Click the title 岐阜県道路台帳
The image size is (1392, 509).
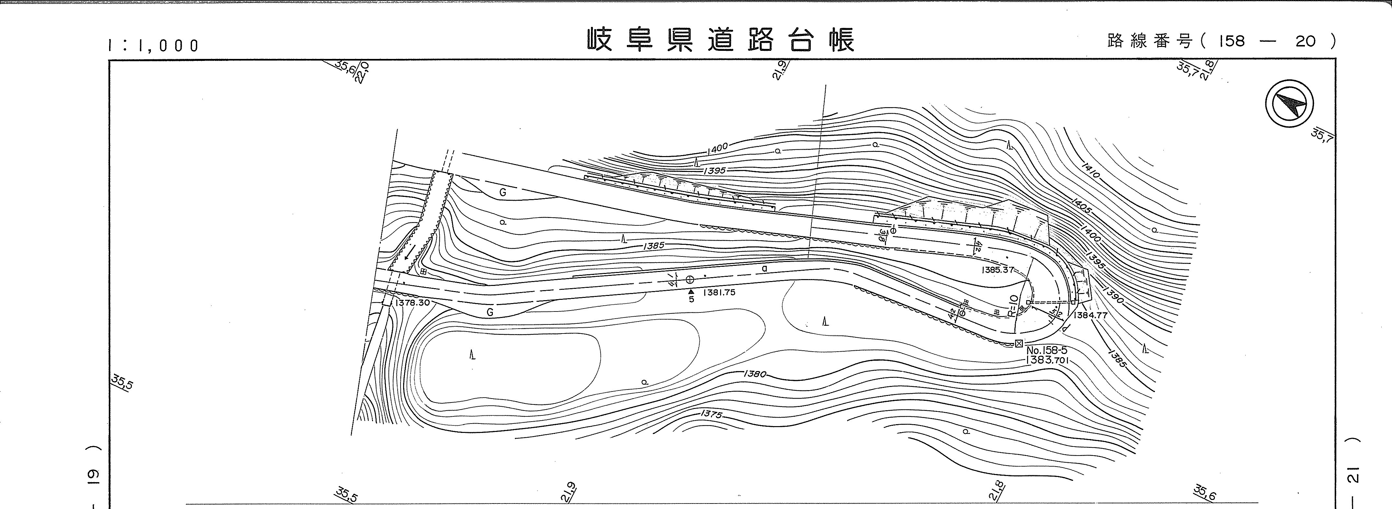[721, 40]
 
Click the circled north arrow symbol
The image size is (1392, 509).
[1289, 103]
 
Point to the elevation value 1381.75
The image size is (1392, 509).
[719, 293]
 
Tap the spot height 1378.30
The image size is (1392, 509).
[412, 303]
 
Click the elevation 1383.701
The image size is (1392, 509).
[1047, 360]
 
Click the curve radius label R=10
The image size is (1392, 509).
[1013, 305]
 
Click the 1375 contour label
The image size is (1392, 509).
[711, 414]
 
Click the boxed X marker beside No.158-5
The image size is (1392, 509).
[1019, 344]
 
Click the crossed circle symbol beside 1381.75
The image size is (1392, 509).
[689, 279]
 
